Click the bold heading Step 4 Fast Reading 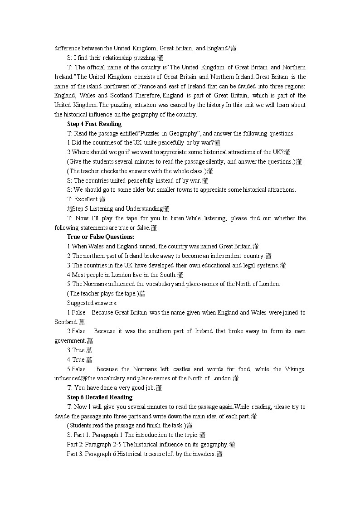(94, 124)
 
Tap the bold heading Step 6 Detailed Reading (100, 397)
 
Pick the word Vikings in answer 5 (295, 369)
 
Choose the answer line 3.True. (76, 350)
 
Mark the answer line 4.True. (76, 359)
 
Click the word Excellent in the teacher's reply (86, 199)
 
